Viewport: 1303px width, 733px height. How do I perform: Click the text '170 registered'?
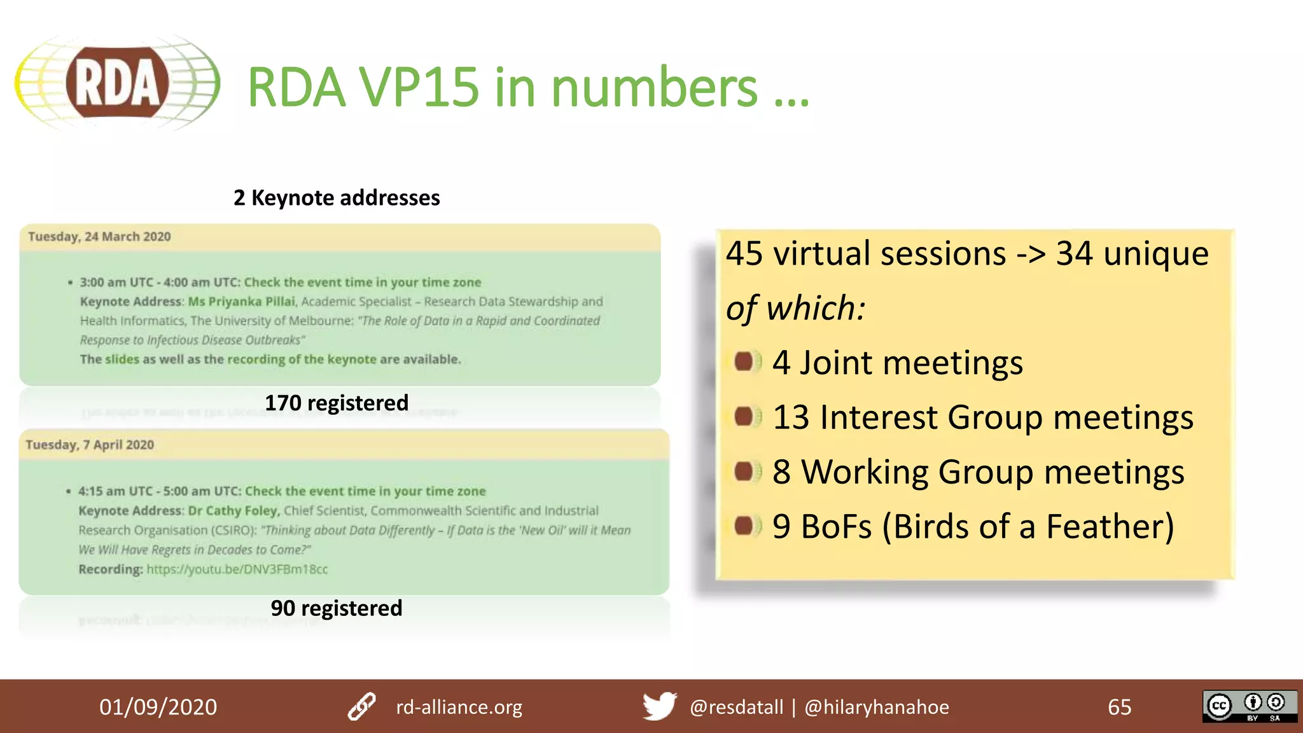(337, 403)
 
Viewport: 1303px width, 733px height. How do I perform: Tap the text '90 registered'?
(337, 608)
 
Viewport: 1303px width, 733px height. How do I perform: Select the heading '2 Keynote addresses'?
(337, 198)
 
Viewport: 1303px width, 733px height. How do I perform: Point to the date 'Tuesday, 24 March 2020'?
(99, 237)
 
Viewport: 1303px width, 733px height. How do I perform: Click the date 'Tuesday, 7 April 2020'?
(90, 445)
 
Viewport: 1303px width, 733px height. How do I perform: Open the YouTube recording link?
(237, 569)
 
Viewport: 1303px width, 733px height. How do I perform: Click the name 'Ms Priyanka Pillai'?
(242, 302)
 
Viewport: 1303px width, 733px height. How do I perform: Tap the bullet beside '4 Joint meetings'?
(744, 362)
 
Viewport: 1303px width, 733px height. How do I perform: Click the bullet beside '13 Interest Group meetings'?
(744, 417)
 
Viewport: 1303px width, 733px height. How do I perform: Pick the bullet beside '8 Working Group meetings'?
(744, 471)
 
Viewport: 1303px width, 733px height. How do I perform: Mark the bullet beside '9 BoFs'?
(744, 526)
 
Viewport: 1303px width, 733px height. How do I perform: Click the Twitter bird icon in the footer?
(659, 706)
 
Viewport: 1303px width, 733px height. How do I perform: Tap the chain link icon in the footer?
(362, 706)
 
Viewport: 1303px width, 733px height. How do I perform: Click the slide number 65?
(1120, 707)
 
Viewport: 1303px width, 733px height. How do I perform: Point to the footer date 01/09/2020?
(158, 707)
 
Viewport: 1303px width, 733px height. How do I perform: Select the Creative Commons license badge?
(1249, 706)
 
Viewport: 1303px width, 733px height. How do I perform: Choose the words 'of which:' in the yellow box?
(796, 309)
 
